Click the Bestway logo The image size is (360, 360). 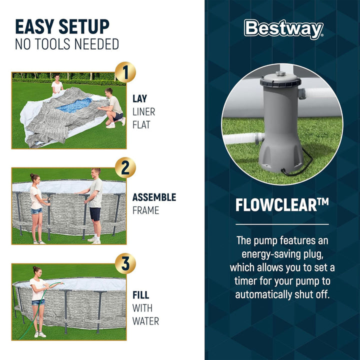tap(284, 29)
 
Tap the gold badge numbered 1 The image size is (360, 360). tap(125, 72)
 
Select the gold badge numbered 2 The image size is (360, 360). tap(125, 167)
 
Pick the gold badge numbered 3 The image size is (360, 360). tap(125, 263)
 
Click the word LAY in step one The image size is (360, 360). tap(139, 98)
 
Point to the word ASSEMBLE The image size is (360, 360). tap(154, 197)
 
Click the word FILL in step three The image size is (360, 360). tap(140, 295)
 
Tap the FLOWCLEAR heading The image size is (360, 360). tap(282, 205)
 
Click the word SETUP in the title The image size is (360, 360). tap(84, 26)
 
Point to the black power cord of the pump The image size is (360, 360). tap(298, 165)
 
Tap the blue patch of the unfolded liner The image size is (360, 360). tap(74, 105)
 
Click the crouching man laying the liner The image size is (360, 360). tap(112, 108)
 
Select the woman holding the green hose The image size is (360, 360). tap(38, 301)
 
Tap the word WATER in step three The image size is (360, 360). tap(145, 321)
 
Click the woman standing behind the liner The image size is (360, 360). tap(56, 84)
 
